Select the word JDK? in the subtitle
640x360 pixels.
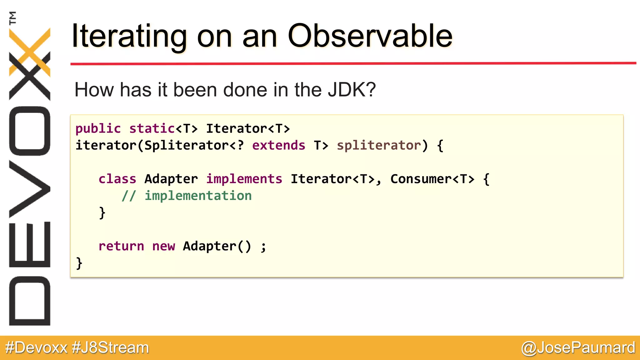pos(352,90)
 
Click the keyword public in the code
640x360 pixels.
pos(98,129)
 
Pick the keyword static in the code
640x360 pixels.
pos(152,129)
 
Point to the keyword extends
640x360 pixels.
pos(278,145)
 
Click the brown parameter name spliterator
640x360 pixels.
pos(379,145)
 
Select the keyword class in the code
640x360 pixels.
pos(117,179)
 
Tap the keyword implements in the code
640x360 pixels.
pos(244,179)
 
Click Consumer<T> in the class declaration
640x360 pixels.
pos(432,179)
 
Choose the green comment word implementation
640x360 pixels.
pos(198,196)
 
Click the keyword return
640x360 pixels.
pos(121,246)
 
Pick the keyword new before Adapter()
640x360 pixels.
pos(163,246)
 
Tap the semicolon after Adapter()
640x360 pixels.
pos(263,247)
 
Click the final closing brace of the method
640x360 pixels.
pos(79,263)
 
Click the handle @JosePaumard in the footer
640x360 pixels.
pos(578,348)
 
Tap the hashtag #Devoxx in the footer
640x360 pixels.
pos(36,348)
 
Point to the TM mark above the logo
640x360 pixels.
pos(12,18)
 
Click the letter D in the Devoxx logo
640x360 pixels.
pos(30,301)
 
